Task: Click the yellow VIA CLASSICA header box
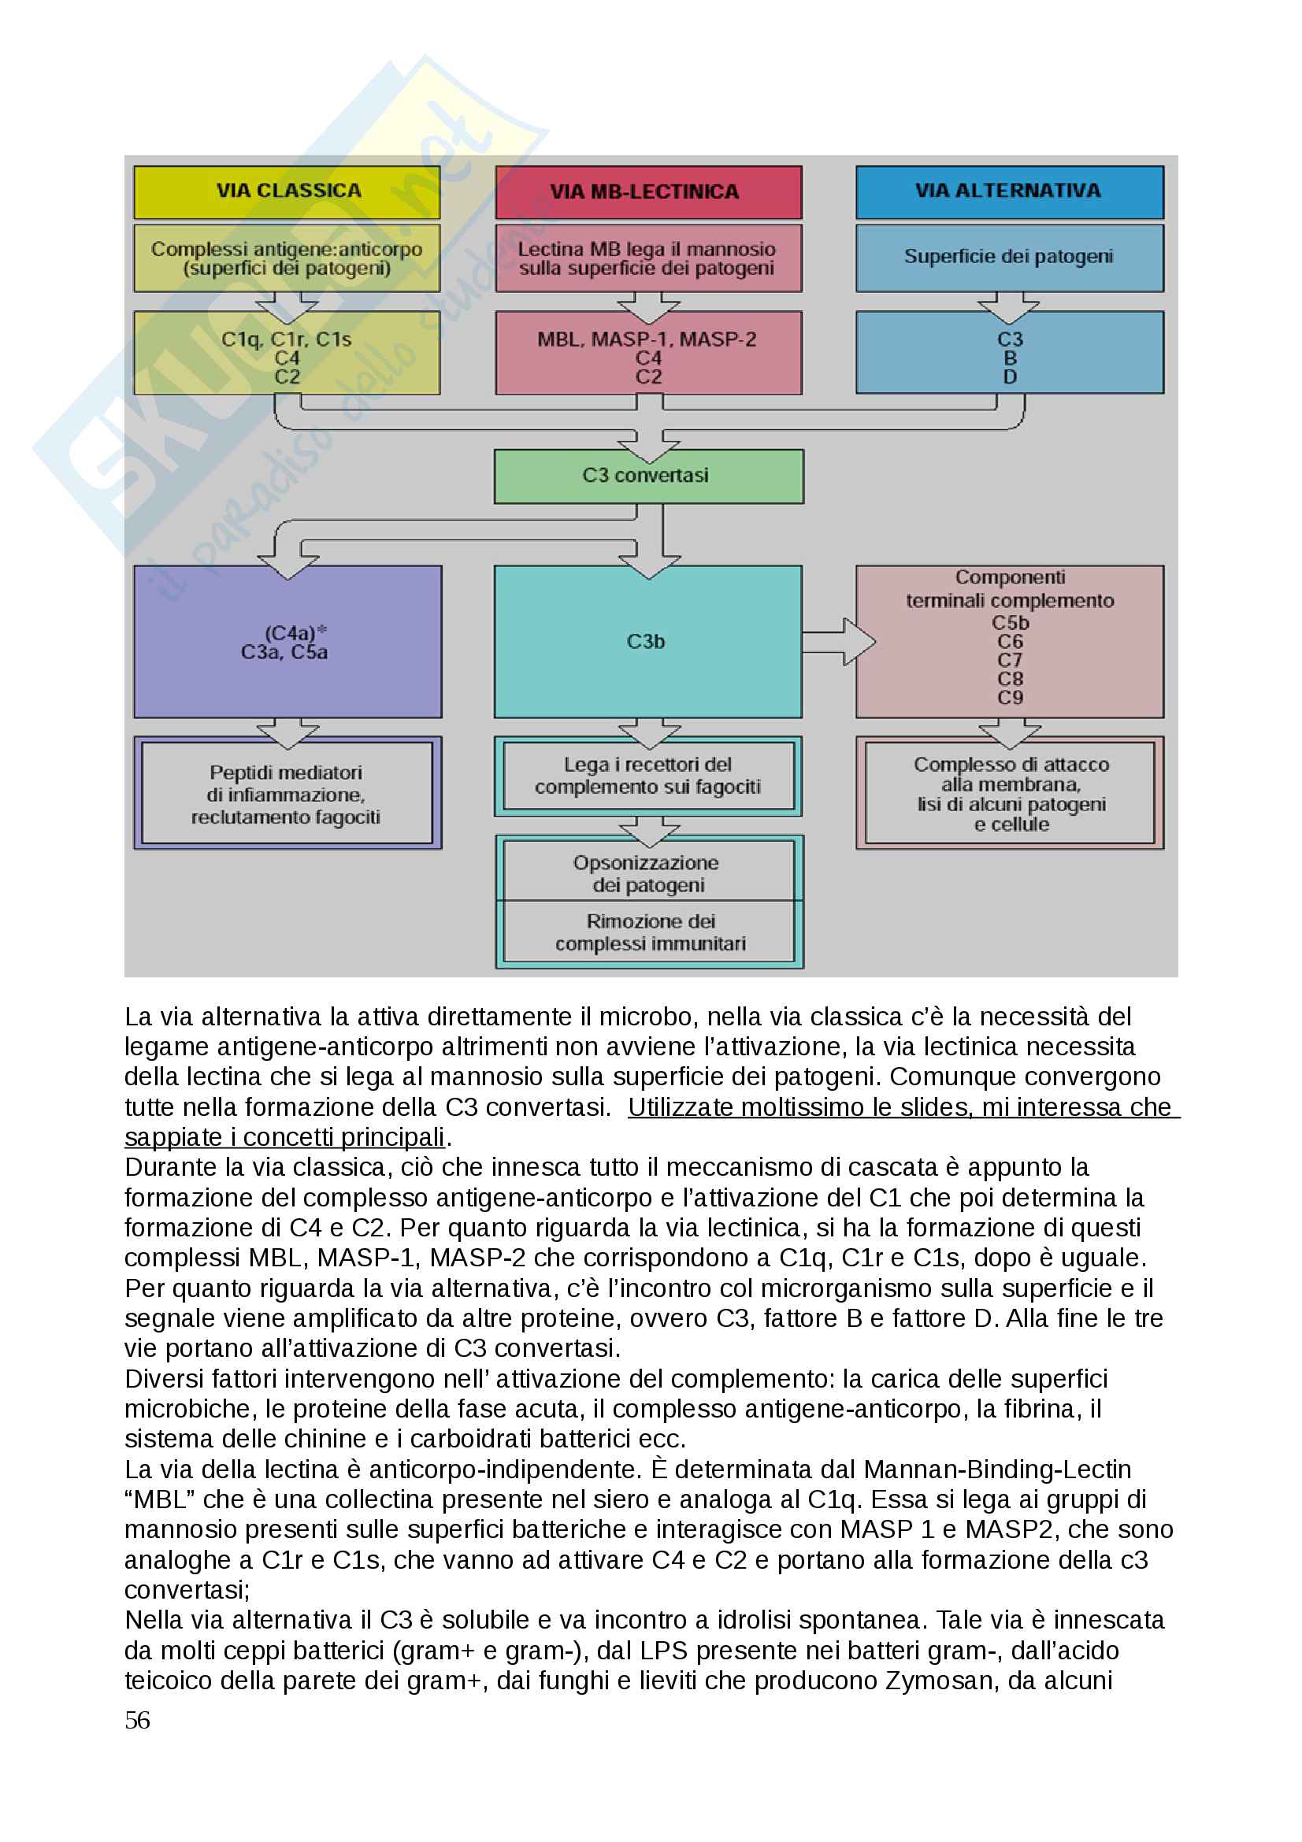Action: (x=287, y=191)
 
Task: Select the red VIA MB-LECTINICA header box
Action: (x=648, y=192)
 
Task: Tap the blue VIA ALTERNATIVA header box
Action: (x=1009, y=191)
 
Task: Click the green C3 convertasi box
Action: (x=648, y=476)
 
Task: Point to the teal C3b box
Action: (x=647, y=641)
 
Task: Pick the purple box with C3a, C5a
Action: (x=287, y=641)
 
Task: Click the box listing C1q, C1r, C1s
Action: (x=287, y=353)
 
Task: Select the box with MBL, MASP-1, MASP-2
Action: (x=648, y=353)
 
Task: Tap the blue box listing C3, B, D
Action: (x=1009, y=353)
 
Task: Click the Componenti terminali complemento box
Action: (x=1009, y=641)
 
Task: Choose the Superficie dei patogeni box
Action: (x=1009, y=258)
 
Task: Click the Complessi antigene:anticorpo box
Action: (x=287, y=258)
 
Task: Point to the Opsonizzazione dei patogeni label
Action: (x=647, y=873)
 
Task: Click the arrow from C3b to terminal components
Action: (x=838, y=641)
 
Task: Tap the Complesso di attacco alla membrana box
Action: (x=1010, y=793)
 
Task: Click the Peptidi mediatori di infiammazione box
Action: (x=287, y=795)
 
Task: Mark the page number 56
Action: (x=137, y=1720)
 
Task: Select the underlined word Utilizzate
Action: (x=681, y=1107)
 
